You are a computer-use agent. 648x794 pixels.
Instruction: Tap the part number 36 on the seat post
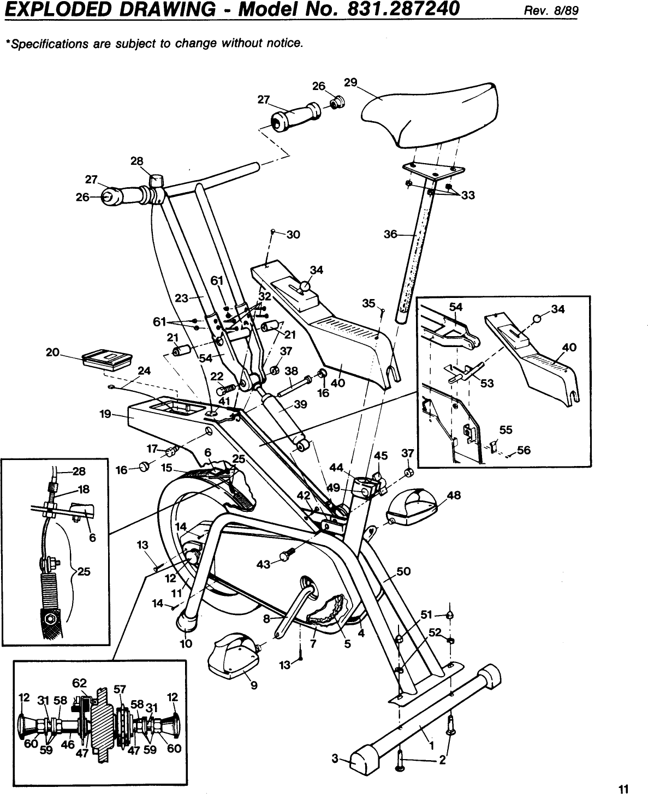point(391,235)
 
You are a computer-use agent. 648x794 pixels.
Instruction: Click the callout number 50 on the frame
point(403,571)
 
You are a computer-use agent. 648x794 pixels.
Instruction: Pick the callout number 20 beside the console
point(52,353)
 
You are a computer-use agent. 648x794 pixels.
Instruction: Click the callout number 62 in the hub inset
point(80,682)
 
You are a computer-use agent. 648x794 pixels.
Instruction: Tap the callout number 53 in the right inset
point(487,383)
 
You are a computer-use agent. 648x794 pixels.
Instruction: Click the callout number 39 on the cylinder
point(300,404)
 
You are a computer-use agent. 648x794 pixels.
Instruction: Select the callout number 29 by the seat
point(350,82)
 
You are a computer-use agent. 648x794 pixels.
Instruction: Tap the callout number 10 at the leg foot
point(186,643)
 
